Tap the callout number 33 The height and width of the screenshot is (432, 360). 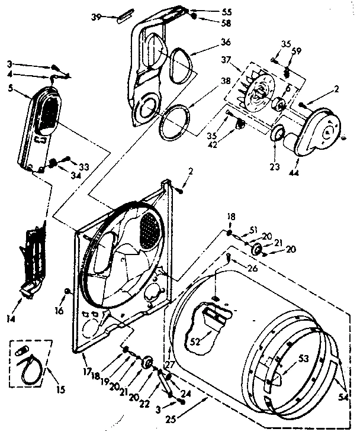pos(83,167)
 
